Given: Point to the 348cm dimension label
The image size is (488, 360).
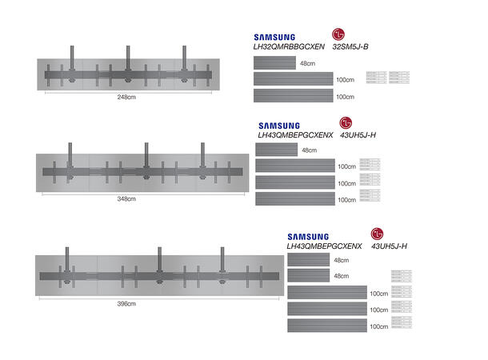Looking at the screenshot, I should pyautogui.click(x=126, y=198).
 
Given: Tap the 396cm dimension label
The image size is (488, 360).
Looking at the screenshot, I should pyautogui.click(x=126, y=304).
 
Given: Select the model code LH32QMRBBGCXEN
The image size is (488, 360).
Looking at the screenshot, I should pyautogui.click(x=288, y=48).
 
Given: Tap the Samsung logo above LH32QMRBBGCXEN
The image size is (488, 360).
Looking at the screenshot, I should pyautogui.click(x=274, y=37).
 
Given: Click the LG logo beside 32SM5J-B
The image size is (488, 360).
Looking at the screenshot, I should pyautogui.click(x=340, y=35).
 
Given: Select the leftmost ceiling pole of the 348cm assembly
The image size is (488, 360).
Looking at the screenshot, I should pyautogui.click(x=70, y=154).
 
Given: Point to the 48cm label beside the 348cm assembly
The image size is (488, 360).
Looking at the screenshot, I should pyautogui.click(x=310, y=150).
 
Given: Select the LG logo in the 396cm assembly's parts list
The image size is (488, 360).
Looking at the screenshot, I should pyautogui.click(x=375, y=234).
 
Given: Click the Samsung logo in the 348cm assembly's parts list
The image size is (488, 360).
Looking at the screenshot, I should pyautogui.click(x=278, y=126).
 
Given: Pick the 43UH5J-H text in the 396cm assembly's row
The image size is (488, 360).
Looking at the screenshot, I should pyautogui.click(x=390, y=246).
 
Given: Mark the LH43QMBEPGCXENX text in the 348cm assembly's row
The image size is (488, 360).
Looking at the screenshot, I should pyautogui.click(x=295, y=136).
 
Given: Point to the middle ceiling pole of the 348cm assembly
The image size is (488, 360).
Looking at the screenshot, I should pyautogui.click(x=146, y=154).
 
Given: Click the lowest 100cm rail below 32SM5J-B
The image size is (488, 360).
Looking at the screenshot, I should pyautogui.click(x=293, y=96).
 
